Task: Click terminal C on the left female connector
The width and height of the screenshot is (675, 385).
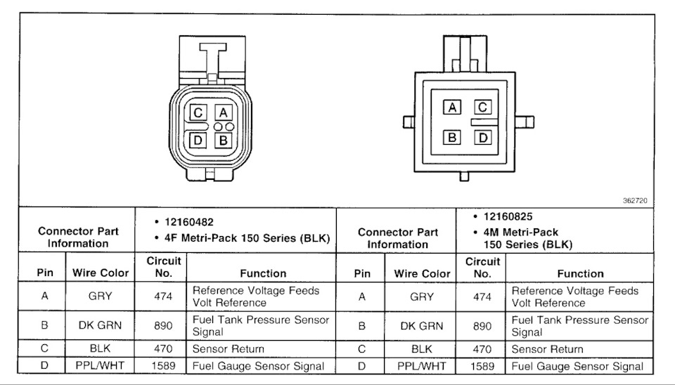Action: [198, 112]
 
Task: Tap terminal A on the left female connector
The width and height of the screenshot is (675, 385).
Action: [224, 112]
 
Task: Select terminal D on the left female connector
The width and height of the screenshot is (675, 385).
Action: [198, 141]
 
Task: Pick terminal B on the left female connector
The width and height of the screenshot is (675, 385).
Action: [224, 141]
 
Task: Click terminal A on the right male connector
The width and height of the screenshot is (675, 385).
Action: [452, 107]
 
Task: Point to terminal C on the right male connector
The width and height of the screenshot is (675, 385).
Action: [482, 107]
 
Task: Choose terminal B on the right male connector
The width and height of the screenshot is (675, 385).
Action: [452, 138]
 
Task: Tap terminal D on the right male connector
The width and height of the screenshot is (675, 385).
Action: [482, 138]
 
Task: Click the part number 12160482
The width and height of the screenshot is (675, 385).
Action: [189, 222]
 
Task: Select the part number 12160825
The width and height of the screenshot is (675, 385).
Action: [508, 216]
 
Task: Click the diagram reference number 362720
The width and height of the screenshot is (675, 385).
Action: [635, 200]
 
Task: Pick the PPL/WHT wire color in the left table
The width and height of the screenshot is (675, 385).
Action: [100, 365]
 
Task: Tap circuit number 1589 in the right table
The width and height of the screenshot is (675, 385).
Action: [482, 366]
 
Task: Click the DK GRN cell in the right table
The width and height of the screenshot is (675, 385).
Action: [421, 326]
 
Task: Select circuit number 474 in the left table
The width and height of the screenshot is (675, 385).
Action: [163, 296]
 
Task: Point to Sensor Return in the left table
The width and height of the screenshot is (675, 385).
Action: [228, 349]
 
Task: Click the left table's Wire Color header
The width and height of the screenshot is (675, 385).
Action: [101, 273]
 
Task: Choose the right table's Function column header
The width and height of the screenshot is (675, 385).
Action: [580, 273]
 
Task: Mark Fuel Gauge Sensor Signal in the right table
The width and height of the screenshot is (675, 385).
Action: [577, 367]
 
